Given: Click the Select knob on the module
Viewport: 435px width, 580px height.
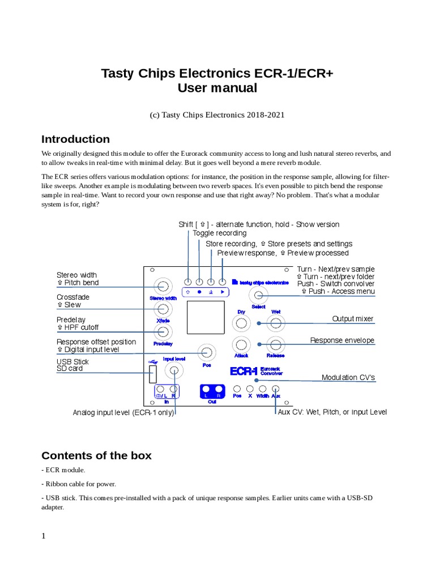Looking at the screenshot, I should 259,295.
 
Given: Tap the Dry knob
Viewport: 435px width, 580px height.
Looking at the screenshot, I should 242,323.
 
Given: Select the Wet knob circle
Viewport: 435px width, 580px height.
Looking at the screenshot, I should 276,323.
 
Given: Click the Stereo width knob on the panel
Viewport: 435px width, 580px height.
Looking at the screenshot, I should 164,286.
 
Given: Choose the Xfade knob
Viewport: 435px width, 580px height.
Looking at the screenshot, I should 164,309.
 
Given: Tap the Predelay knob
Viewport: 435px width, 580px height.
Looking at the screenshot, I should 164,332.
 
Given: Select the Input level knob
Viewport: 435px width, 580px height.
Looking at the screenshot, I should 174,371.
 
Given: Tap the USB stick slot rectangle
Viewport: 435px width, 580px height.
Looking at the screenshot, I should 152,373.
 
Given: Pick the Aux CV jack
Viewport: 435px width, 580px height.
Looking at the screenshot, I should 276,389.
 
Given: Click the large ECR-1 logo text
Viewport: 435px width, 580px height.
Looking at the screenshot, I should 244,372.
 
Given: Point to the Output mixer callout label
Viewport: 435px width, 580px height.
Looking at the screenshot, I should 352,319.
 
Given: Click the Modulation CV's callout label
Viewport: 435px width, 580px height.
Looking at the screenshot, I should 348,378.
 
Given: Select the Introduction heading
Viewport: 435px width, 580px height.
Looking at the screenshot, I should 76,139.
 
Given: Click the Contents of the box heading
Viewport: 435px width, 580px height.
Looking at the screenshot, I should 97,455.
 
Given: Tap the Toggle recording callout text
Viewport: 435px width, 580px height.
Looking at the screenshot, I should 219,233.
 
